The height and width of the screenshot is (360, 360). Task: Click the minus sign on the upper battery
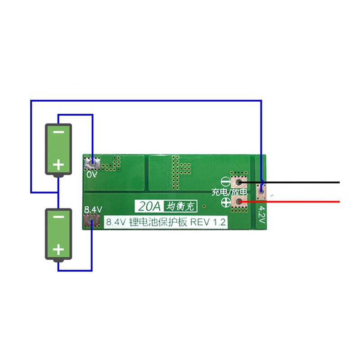coord(58,134)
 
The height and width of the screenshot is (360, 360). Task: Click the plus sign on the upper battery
coord(58,165)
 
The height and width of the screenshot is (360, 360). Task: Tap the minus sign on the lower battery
coord(58,217)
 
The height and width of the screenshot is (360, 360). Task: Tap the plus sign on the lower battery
coord(58,249)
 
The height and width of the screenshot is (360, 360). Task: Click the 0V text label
coord(92,174)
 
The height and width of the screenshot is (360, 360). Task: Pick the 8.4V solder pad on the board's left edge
coord(92,220)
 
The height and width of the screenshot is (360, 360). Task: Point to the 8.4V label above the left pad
coord(93,210)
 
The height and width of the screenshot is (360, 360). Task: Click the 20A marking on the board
coord(149,207)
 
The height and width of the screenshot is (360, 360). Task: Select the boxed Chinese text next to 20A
coord(180,207)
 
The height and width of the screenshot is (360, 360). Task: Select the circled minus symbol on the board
coord(226,183)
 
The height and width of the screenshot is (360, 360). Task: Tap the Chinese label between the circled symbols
coord(229,193)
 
